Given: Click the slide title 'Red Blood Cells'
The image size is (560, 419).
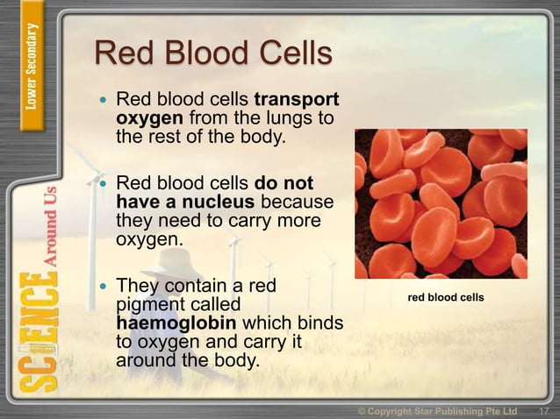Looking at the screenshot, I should [x=213, y=54].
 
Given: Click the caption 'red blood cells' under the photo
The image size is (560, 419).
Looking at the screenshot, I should [x=446, y=298].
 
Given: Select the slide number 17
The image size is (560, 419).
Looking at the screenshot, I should [x=543, y=410].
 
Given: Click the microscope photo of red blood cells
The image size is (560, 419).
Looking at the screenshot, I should [x=441, y=203].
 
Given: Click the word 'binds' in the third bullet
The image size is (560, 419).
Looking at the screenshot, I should [x=320, y=323].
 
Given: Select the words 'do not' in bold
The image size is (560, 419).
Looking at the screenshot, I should [x=284, y=184].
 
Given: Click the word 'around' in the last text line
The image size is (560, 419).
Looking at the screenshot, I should [x=146, y=360].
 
